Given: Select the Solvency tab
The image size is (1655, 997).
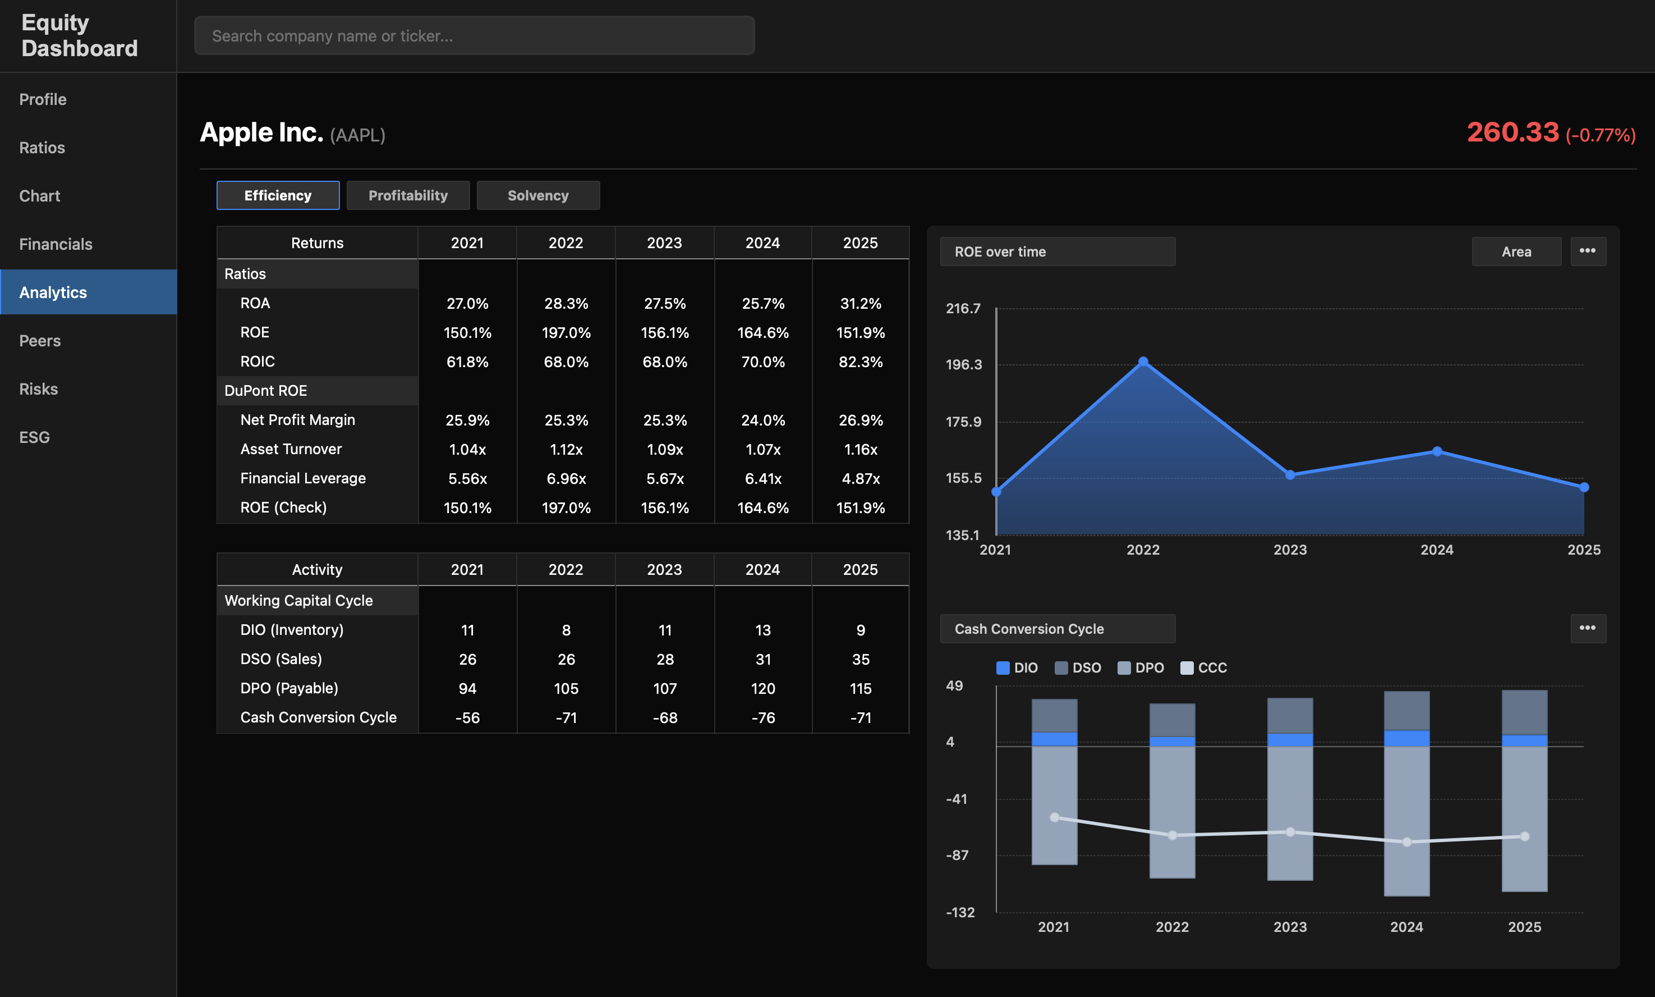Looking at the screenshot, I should click(x=538, y=195).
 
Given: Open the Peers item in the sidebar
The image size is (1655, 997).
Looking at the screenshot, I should click(x=40, y=341).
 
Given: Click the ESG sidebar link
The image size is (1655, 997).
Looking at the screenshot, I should click(x=35, y=437).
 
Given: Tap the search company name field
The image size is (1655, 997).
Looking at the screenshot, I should click(x=474, y=35).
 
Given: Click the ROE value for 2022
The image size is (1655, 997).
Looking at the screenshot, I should click(x=566, y=332).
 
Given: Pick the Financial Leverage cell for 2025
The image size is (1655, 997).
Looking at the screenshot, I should click(x=860, y=478).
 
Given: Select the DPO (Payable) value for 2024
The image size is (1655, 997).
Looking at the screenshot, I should click(x=763, y=689).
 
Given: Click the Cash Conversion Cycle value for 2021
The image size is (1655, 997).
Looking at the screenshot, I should click(x=467, y=717).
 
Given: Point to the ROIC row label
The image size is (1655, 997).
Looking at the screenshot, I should click(x=258, y=362).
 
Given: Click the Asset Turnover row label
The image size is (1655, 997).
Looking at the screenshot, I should click(x=291, y=449).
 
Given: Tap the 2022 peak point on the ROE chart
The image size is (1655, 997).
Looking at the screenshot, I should click(x=1143, y=362).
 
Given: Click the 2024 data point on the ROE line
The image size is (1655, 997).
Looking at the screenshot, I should click(x=1437, y=451).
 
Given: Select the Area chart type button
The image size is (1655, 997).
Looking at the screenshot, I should click(x=1516, y=251).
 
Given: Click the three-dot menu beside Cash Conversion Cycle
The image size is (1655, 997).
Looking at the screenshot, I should click(x=1587, y=628).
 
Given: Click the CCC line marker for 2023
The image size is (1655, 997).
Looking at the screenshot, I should click(x=1290, y=832).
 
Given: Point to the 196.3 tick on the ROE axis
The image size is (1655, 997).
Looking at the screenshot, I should click(x=963, y=365).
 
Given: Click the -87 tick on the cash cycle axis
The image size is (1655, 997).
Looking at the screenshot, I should click(x=957, y=855).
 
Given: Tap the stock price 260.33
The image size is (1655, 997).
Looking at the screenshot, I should click(x=1512, y=132).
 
